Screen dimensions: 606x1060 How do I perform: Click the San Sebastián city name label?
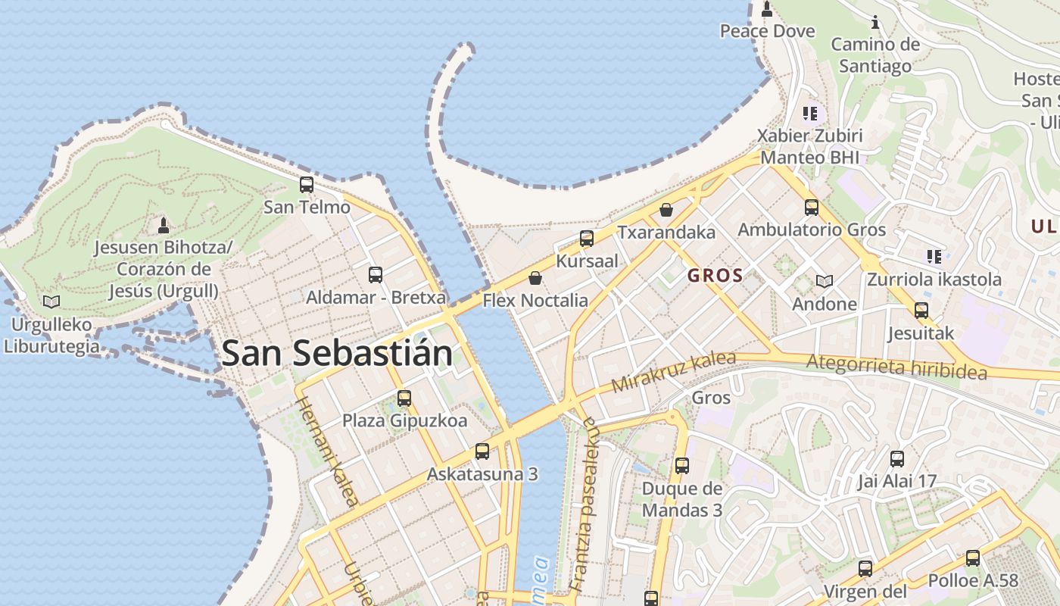337,354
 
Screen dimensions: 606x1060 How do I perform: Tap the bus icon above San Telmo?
307,184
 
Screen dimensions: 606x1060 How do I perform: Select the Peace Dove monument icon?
767,9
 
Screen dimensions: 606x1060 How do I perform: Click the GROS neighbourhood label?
715,276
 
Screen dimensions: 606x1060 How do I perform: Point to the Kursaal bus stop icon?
586,239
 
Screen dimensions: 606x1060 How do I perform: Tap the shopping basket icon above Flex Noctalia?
535,278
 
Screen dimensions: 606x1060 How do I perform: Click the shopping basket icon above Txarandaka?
666,210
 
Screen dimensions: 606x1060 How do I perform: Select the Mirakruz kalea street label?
673,371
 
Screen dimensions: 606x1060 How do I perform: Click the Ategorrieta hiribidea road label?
896,367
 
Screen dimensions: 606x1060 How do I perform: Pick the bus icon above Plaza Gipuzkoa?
404,398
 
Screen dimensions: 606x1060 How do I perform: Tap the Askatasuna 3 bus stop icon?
482,451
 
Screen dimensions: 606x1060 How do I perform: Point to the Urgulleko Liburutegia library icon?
51,301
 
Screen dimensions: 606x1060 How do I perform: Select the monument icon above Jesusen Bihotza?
163,225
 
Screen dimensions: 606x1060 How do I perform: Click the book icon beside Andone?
825,282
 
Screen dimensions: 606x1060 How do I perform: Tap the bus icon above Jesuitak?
921,310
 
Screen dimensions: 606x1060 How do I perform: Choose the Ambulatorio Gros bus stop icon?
812,207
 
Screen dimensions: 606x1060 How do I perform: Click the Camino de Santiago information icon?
875,22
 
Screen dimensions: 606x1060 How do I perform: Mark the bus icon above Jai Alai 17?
897,458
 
